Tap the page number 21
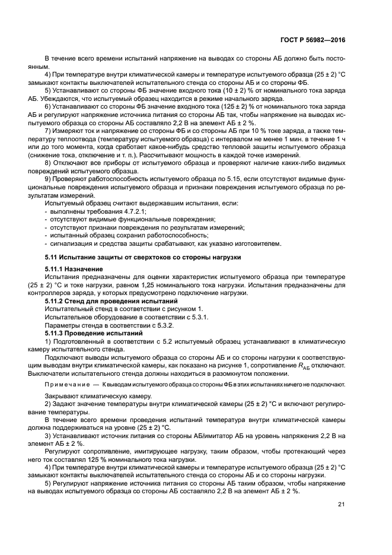coord(340,505)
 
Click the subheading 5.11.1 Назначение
coord(74,269)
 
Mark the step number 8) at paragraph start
coord(48,163)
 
